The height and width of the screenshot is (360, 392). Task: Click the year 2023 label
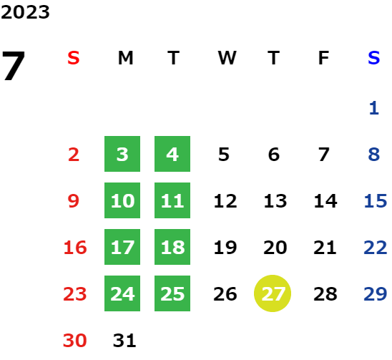pyautogui.click(x=25, y=12)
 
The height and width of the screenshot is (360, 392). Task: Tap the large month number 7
pyautogui.click(x=14, y=66)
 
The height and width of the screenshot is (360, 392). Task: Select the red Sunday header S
pyautogui.click(x=74, y=58)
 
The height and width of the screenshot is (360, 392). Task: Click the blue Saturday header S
pyautogui.click(x=373, y=58)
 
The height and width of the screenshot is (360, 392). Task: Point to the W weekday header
pyautogui.click(x=227, y=58)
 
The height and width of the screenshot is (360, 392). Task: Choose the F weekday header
pyautogui.click(x=323, y=58)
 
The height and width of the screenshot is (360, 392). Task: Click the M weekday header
pyautogui.click(x=125, y=58)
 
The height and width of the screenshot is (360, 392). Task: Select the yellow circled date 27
pyautogui.click(x=273, y=293)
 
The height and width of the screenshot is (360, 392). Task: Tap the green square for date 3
pyautogui.click(x=122, y=154)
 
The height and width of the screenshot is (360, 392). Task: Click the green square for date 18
pyautogui.click(x=172, y=247)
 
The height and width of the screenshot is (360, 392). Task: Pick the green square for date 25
pyautogui.click(x=172, y=293)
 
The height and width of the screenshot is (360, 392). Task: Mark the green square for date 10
pyautogui.click(x=122, y=200)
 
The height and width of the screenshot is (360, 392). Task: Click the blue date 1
pyautogui.click(x=374, y=108)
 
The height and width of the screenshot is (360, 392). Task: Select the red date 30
pyautogui.click(x=74, y=341)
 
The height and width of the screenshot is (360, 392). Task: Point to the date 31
pyautogui.click(x=124, y=341)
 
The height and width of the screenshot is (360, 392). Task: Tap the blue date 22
pyautogui.click(x=376, y=248)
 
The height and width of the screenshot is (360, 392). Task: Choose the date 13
pyautogui.click(x=275, y=201)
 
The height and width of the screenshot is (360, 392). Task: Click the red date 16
pyautogui.click(x=75, y=248)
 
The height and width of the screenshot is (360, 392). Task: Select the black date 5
pyautogui.click(x=224, y=155)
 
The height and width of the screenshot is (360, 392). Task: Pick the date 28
pyautogui.click(x=325, y=294)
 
